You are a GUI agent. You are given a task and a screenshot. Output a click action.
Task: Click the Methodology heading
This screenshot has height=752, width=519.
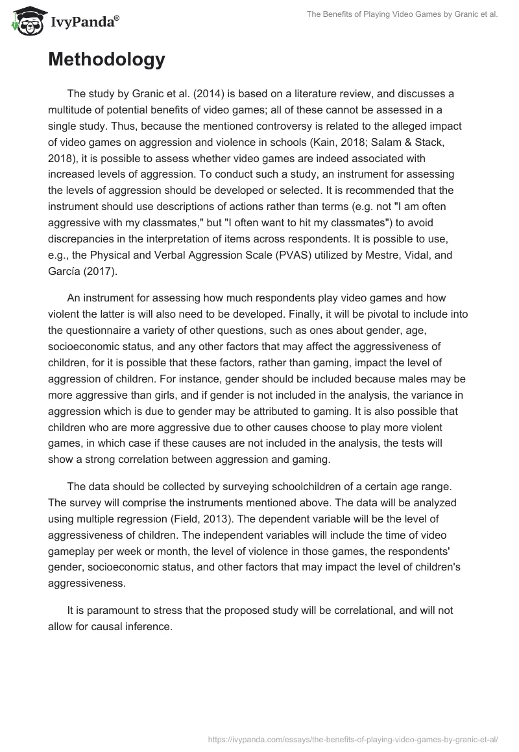106,60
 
